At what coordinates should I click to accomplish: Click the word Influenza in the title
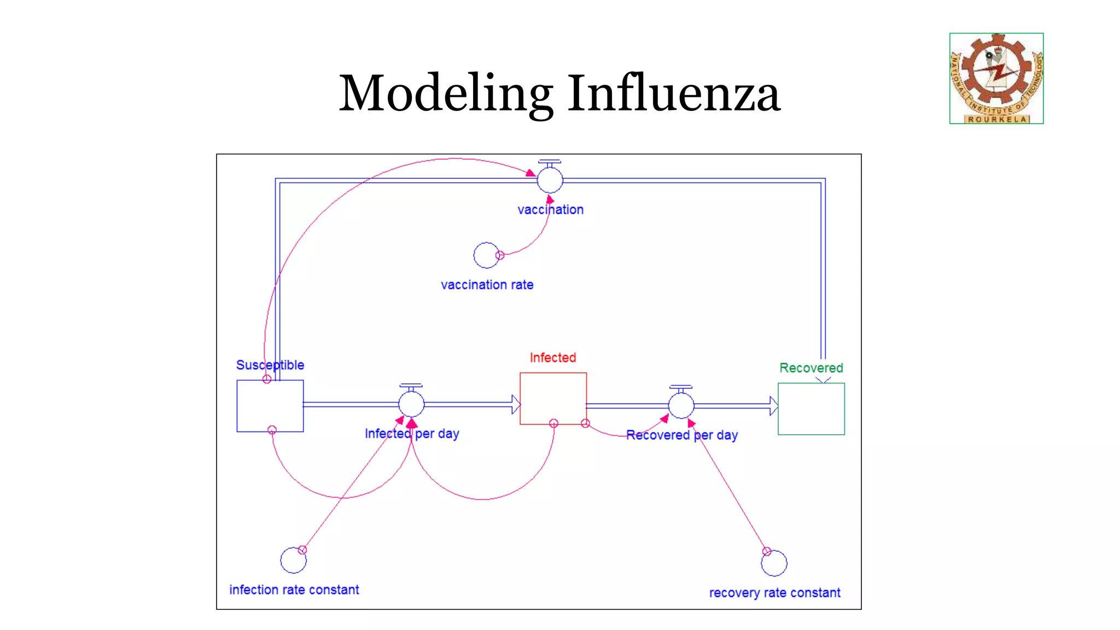pyautogui.click(x=673, y=94)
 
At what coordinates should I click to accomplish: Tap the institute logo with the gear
pyautogui.click(x=996, y=78)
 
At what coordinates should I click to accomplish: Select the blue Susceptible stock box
pyautogui.click(x=270, y=406)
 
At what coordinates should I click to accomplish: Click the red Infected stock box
pyautogui.click(x=553, y=399)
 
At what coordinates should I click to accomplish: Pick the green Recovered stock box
pyautogui.click(x=811, y=409)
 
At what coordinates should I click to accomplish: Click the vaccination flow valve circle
pyautogui.click(x=550, y=180)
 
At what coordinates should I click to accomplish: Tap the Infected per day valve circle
pyautogui.click(x=411, y=404)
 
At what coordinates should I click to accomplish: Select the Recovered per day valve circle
pyautogui.click(x=681, y=406)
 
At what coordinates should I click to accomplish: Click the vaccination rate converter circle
pyautogui.click(x=486, y=255)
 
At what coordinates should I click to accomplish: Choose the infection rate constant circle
pyautogui.click(x=293, y=560)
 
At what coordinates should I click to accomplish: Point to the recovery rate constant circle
pyautogui.click(x=774, y=563)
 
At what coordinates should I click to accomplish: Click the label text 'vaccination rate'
pyautogui.click(x=487, y=285)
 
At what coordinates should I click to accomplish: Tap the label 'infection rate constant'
pyautogui.click(x=294, y=590)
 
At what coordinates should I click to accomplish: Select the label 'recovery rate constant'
pyautogui.click(x=774, y=593)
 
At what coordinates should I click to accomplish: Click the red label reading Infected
pyautogui.click(x=553, y=358)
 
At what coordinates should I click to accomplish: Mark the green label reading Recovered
pyautogui.click(x=811, y=368)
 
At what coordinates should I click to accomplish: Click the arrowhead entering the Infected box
pyautogui.click(x=516, y=404)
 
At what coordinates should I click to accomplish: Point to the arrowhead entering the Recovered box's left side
pyautogui.click(x=773, y=406)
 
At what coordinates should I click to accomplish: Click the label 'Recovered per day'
pyautogui.click(x=681, y=435)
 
